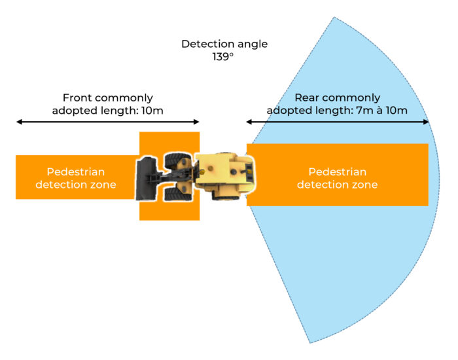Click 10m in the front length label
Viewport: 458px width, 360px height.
[152, 110]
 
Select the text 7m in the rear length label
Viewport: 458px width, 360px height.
[361, 110]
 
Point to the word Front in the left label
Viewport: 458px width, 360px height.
[77, 98]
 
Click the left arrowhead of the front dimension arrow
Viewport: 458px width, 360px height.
[19, 122]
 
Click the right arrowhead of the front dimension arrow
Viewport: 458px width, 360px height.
[196, 122]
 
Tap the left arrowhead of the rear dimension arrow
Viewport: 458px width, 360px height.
[249, 122]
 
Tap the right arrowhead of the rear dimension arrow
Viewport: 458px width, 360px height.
[426, 122]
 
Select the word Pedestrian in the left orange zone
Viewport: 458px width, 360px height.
[75, 171]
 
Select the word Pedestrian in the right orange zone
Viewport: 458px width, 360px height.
[337, 171]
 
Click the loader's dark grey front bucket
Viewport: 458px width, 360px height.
[144, 178]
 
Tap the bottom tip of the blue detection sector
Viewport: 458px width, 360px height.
[309, 342]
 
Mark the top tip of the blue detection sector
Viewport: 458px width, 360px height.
[336, 18]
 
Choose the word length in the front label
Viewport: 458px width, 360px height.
[119, 110]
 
